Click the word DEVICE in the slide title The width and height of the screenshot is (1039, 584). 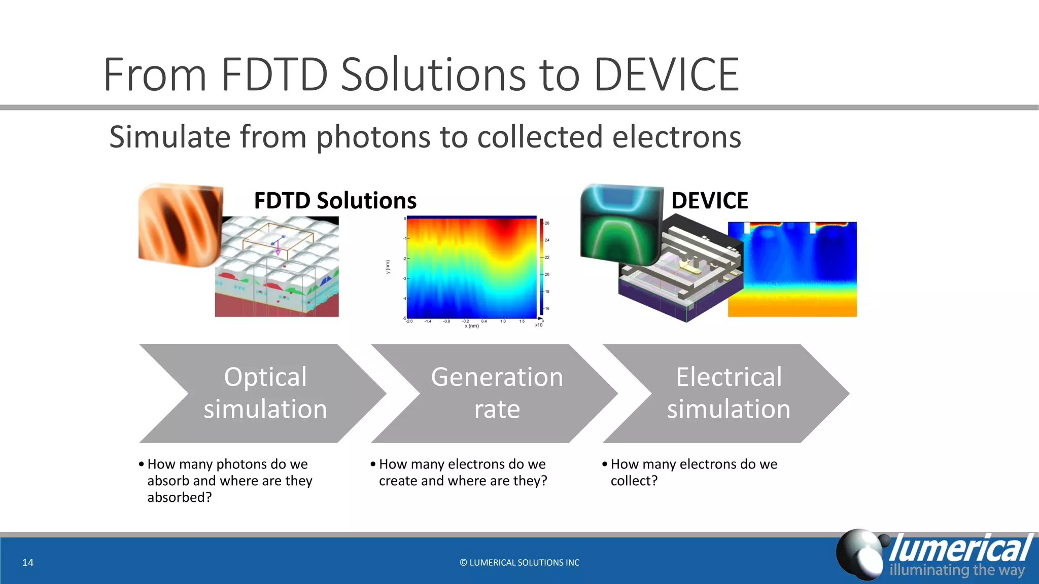coord(666,75)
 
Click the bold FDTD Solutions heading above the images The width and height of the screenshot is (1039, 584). coord(335,201)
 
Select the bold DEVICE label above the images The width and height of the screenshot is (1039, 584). coord(709,201)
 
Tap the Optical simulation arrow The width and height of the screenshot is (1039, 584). coord(265,393)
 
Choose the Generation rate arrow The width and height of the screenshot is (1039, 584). coord(496,393)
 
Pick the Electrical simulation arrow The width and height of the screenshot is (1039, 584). coord(728,393)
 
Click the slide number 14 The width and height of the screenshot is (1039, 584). coord(28,562)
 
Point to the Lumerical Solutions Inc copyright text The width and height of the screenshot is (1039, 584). coord(519,562)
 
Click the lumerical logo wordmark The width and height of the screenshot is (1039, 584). coord(960,549)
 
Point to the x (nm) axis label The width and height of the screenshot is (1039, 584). coord(472,326)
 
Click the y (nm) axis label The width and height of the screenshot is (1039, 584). coord(388,267)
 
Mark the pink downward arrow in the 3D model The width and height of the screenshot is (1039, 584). coord(278,250)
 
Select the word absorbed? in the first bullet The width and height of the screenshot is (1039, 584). coord(180,497)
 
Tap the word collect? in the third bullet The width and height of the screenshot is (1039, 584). coord(634,481)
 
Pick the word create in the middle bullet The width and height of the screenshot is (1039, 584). coord(398,481)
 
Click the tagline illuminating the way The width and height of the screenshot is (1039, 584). coord(957,570)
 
